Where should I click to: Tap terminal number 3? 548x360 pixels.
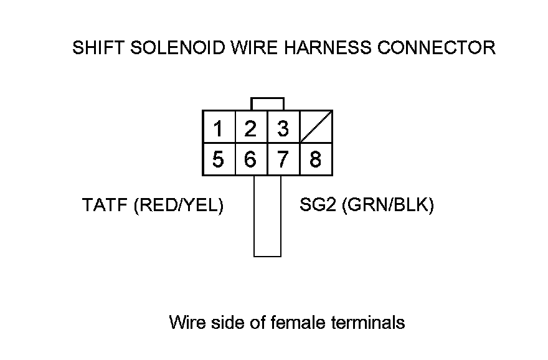283,127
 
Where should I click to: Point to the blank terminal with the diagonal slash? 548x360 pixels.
316,127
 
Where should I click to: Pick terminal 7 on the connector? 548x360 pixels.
283,159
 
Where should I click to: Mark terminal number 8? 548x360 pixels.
316,159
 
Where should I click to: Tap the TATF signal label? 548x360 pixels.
105,205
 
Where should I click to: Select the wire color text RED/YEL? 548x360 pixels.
178,205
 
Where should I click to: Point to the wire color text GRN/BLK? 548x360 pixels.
388,205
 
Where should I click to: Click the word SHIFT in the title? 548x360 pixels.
98,48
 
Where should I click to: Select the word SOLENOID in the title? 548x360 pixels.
178,48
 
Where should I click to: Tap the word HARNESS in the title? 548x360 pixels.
328,48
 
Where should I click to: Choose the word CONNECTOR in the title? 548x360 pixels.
437,48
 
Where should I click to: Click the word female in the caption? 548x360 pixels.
298,322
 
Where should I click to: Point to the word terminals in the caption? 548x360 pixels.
368,322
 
